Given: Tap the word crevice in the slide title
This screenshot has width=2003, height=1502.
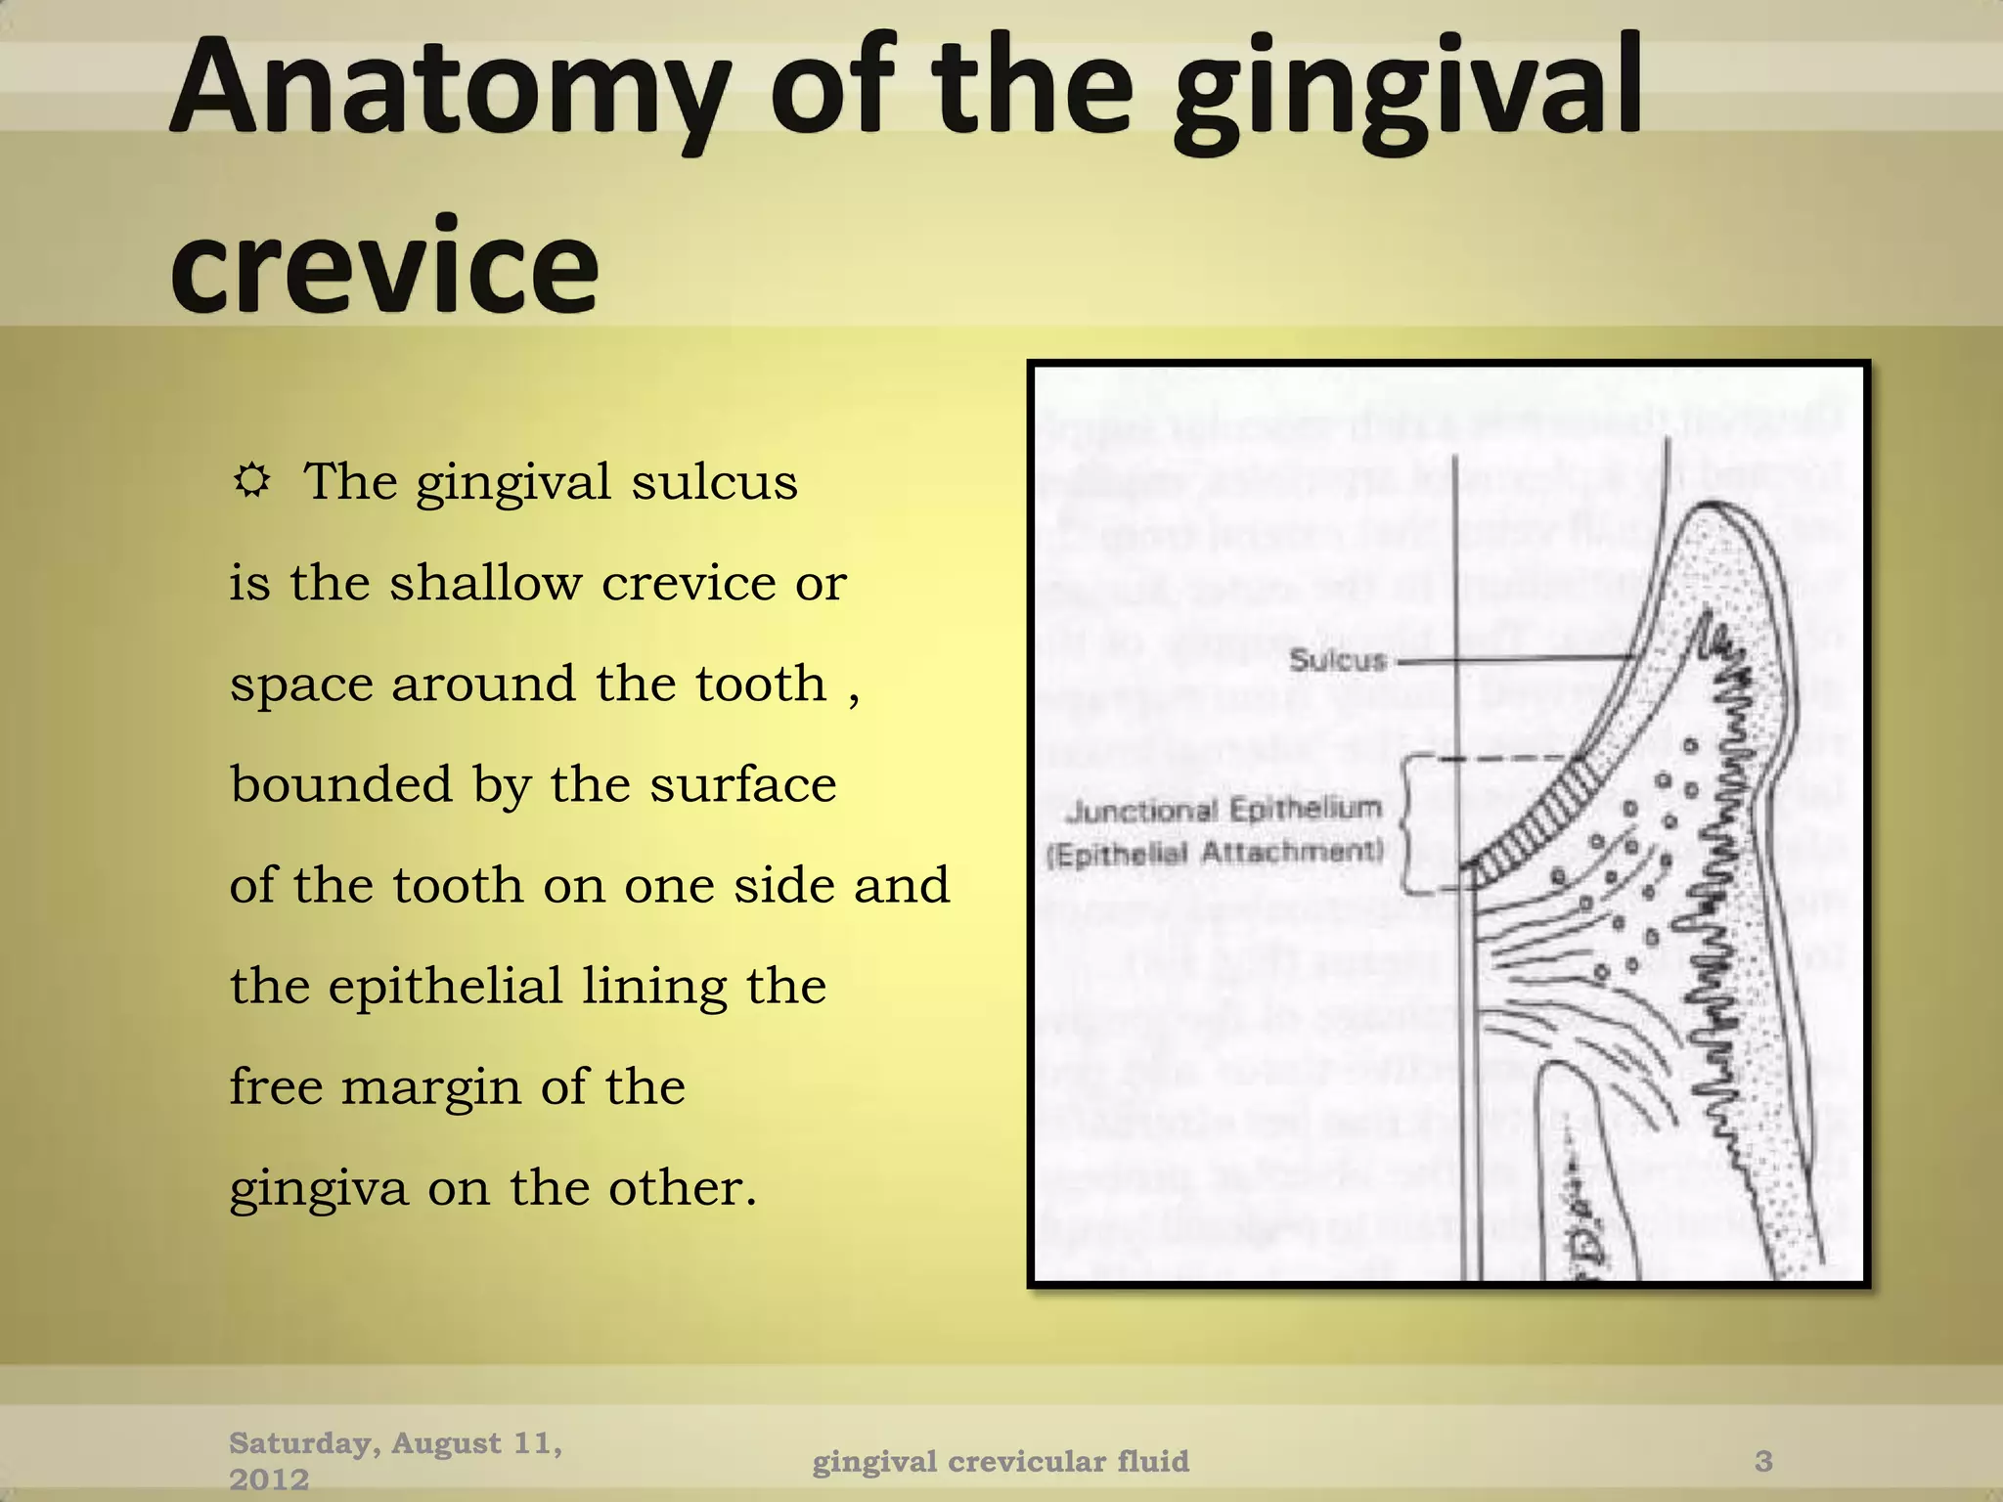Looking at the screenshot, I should click(x=383, y=266).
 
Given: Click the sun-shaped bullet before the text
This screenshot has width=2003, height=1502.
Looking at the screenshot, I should click(x=252, y=480).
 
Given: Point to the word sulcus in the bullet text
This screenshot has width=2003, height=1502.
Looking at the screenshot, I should click(x=714, y=482).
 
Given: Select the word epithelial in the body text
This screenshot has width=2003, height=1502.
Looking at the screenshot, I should click(x=445, y=986).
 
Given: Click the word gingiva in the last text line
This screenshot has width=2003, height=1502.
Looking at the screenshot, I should click(x=319, y=1189).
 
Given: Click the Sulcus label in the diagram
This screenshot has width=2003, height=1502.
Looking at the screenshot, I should click(x=1338, y=660).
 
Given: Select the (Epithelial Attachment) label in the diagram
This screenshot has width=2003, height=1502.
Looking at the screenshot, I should click(x=1215, y=854).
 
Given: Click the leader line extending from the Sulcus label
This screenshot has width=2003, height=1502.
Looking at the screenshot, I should click(x=1516, y=661).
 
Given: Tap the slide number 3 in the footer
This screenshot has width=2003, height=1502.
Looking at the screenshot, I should click(x=1763, y=1461).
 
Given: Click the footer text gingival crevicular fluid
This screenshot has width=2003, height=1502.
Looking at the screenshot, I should click(x=1001, y=1461).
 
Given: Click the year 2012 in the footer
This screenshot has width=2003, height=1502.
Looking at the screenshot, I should click(x=269, y=1480).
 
